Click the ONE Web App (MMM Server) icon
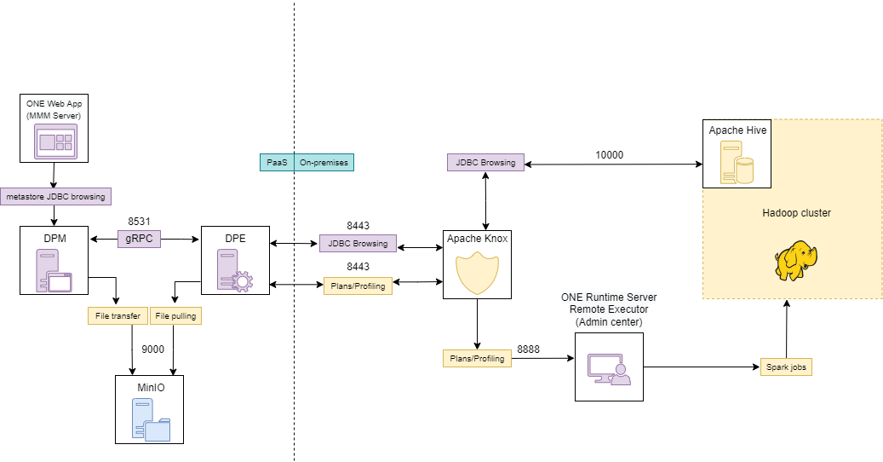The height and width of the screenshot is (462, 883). [54, 141]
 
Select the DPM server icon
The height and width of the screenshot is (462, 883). [54, 270]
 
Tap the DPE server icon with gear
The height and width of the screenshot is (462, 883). [235, 270]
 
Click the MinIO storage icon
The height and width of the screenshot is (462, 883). [150, 419]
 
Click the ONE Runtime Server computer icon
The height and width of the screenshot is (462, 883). [609, 367]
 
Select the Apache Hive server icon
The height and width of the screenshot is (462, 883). [737, 163]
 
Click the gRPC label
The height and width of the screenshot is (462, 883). [139, 239]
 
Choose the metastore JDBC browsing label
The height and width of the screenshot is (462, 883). [55, 197]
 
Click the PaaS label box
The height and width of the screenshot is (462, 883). [277, 162]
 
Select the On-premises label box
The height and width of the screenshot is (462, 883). [324, 162]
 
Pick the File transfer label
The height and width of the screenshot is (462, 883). [118, 316]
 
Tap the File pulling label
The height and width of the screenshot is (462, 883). [175, 316]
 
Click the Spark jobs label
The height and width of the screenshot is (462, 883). [786, 367]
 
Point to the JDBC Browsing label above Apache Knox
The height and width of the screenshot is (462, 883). [485, 162]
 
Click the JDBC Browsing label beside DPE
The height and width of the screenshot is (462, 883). [358, 244]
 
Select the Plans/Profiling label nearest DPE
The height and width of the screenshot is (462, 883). [358, 286]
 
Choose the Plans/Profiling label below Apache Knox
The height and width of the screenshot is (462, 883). [477, 359]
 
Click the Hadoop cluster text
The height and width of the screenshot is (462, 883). [796, 213]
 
